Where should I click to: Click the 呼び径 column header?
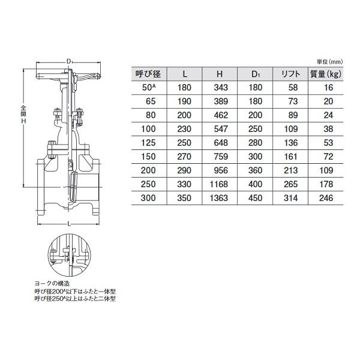(148, 74)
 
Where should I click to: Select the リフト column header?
(290, 74)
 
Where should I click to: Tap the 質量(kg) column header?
(326, 74)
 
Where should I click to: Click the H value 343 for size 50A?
(221, 88)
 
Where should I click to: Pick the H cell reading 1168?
(218, 184)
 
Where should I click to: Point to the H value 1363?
(218, 198)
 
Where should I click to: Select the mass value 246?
(326, 198)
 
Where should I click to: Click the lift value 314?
(290, 198)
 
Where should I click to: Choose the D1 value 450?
(256, 198)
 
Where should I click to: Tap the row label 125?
(148, 143)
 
